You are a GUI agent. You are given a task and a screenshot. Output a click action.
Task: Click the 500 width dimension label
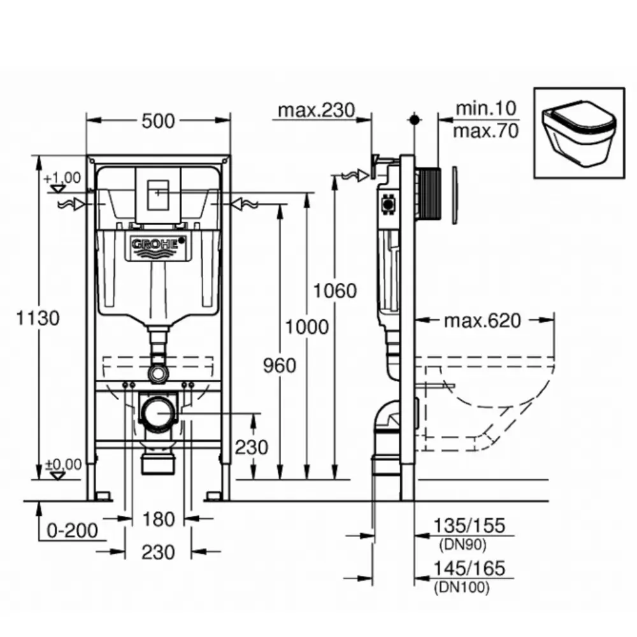pyautogui.click(x=157, y=120)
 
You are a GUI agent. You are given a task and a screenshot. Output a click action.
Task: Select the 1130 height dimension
pyautogui.click(x=39, y=317)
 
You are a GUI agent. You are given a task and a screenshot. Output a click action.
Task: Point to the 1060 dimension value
pyautogui.click(x=336, y=290)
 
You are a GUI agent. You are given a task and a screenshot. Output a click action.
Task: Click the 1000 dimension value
pyautogui.click(x=307, y=327)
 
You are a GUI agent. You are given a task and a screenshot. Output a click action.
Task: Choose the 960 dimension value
pyautogui.click(x=280, y=365)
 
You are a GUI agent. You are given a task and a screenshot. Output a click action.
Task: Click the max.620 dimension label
pyautogui.click(x=482, y=320)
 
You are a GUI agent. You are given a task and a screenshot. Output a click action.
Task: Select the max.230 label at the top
pyautogui.click(x=315, y=110)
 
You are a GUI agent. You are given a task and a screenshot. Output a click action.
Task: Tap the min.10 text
pyautogui.click(x=485, y=108)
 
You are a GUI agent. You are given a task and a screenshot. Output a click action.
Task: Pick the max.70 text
pyautogui.click(x=485, y=131)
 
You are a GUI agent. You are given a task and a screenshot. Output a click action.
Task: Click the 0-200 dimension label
pyautogui.click(x=74, y=529)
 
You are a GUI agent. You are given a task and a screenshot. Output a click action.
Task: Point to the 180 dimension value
pyautogui.click(x=157, y=519)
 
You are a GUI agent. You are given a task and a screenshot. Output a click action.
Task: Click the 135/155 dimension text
pyautogui.click(x=469, y=526)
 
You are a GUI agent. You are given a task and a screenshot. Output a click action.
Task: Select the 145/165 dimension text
pyautogui.click(x=469, y=568)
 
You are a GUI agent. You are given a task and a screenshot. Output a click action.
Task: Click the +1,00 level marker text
pyautogui.click(x=62, y=178)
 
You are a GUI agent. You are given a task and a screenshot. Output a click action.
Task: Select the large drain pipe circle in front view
pyautogui.click(x=157, y=414)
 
